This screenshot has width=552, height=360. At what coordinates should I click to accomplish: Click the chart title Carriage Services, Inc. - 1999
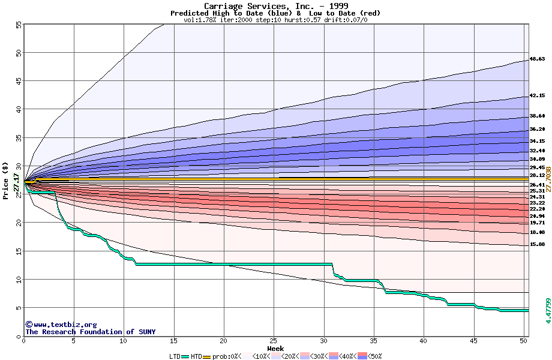(x=276, y=6)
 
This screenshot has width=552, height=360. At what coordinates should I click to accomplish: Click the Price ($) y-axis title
(x=6, y=180)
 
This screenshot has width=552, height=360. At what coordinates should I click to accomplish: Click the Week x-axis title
(x=275, y=349)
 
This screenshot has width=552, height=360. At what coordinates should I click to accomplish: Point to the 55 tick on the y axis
(x=19, y=25)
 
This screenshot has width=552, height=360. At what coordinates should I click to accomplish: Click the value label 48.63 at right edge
(x=537, y=59)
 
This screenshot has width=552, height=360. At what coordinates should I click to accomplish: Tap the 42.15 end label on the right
(x=537, y=96)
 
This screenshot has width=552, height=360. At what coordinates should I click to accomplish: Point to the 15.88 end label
(x=537, y=245)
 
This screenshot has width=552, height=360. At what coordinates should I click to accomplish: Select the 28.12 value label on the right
(x=537, y=176)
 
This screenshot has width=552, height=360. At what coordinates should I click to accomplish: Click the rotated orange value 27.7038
(x=547, y=180)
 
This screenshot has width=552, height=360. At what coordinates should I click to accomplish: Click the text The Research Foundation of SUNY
(x=90, y=332)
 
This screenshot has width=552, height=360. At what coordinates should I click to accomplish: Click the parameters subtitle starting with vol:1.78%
(x=275, y=20)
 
